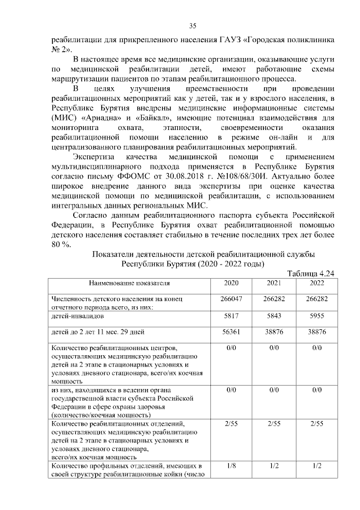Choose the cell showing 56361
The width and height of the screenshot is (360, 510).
click(x=232, y=332)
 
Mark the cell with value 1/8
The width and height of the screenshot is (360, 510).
click(x=232, y=467)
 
